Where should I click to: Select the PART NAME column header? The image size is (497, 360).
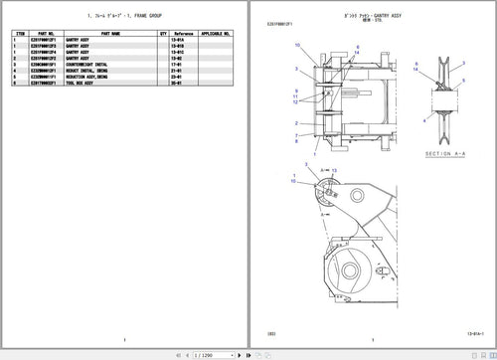point(109,33)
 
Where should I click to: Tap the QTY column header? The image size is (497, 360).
point(163,33)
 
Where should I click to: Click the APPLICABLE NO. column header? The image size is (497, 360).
point(217,33)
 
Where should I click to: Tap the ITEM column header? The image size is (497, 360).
point(21,33)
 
